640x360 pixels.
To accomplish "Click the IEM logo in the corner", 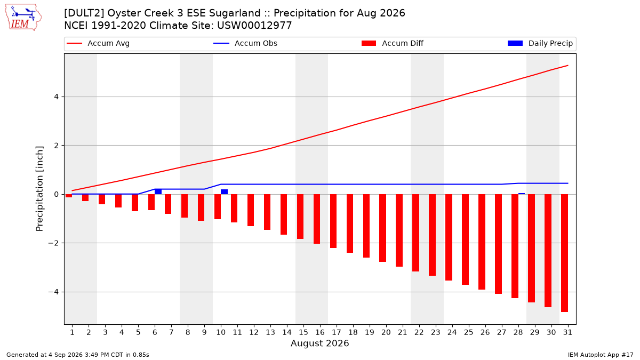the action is point(23,18).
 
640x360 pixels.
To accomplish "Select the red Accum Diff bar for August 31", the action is point(565,253).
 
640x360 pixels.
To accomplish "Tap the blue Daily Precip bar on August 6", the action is point(158,191).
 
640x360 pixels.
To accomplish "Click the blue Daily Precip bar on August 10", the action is point(225,191).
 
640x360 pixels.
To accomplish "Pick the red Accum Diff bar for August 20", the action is point(383,228).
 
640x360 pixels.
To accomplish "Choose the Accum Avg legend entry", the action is point(98,43).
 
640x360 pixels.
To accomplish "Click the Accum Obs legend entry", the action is point(245,43).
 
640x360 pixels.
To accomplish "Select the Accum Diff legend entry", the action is point(393,43).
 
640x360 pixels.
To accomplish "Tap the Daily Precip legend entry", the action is point(540,43).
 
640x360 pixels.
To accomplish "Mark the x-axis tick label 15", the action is point(303,332).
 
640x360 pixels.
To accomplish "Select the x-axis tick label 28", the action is point(518,332).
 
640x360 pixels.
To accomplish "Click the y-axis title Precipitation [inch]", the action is point(39,189).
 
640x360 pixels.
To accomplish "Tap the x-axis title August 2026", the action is point(319,343).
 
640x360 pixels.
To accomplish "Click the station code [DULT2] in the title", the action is point(84,13).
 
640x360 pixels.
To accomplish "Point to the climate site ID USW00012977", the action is point(254,26).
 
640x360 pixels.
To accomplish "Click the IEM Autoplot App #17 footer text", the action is point(601,355).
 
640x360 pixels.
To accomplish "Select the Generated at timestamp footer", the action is point(78,355).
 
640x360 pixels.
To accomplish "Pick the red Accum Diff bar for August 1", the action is point(69,196).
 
